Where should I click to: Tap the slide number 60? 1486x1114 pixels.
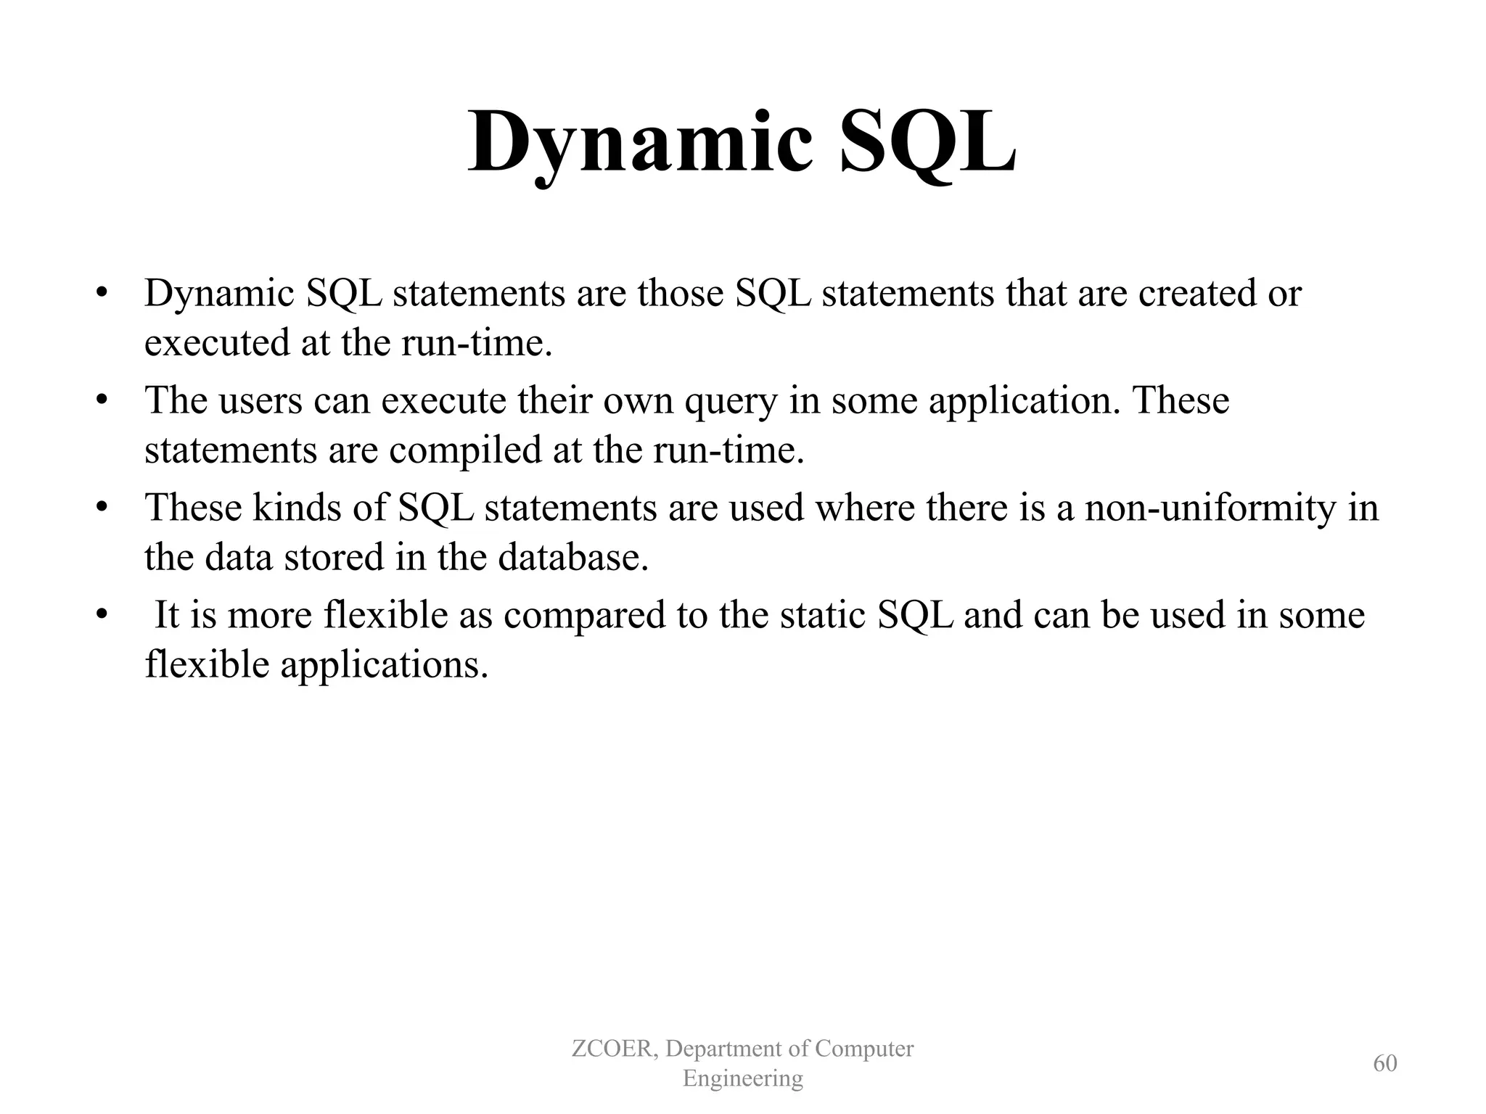1384,1063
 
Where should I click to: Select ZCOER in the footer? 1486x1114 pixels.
615,1049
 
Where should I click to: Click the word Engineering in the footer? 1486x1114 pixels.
742,1078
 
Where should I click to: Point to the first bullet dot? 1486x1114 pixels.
102,294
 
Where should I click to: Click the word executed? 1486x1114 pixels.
217,342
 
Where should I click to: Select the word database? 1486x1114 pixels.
572,557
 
